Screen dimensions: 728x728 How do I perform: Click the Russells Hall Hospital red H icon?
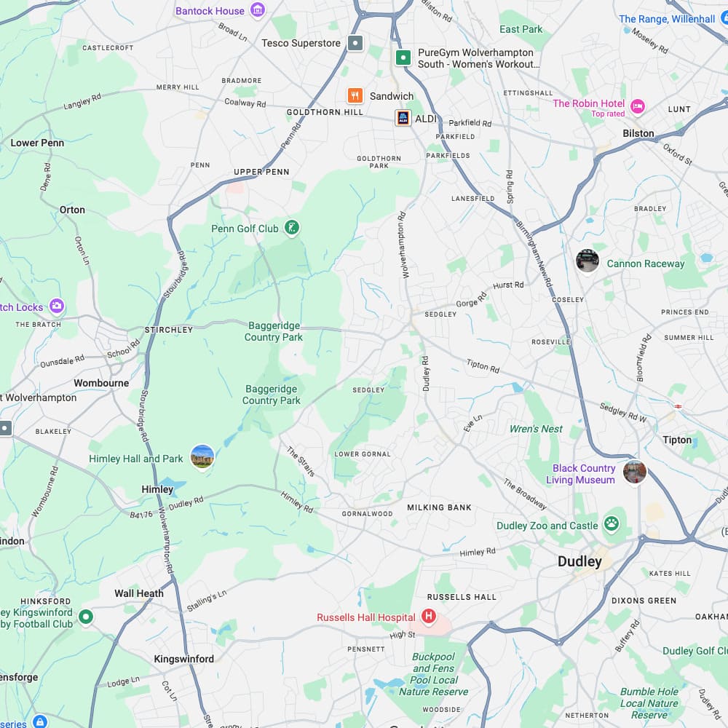click(x=429, y=617)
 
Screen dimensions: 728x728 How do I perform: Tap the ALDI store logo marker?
click(x=403, y=118)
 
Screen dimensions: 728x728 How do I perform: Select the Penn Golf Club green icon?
click(x=291, y=229)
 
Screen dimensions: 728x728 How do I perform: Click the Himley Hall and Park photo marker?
click(x=202, y=457)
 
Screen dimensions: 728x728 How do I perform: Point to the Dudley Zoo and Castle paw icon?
click(x=611, y=524)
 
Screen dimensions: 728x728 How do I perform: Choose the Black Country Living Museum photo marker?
click(x=634, y=472)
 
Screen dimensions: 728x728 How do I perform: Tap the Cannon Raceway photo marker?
click(x=587, y=261)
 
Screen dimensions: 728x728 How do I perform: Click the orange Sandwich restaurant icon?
click(x=355, y=96)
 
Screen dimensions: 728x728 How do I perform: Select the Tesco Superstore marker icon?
click(x=355, y=43)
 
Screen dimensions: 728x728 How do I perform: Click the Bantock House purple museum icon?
click(x=257, y=10)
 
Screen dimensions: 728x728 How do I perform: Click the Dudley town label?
click(x=579, y=561)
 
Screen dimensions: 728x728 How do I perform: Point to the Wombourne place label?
click(x=101, y=383)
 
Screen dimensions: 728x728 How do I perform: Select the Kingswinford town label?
click(x=183, y=659)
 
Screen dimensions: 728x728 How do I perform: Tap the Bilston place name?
click(x=638, y=133)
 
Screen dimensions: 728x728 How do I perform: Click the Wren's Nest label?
click(x=536, y=429)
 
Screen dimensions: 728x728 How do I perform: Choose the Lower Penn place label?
click(x=37, y=143)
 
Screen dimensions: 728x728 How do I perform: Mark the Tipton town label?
click(x=677, y=440)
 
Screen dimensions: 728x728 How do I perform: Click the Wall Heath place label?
click(x=139, y=593)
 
